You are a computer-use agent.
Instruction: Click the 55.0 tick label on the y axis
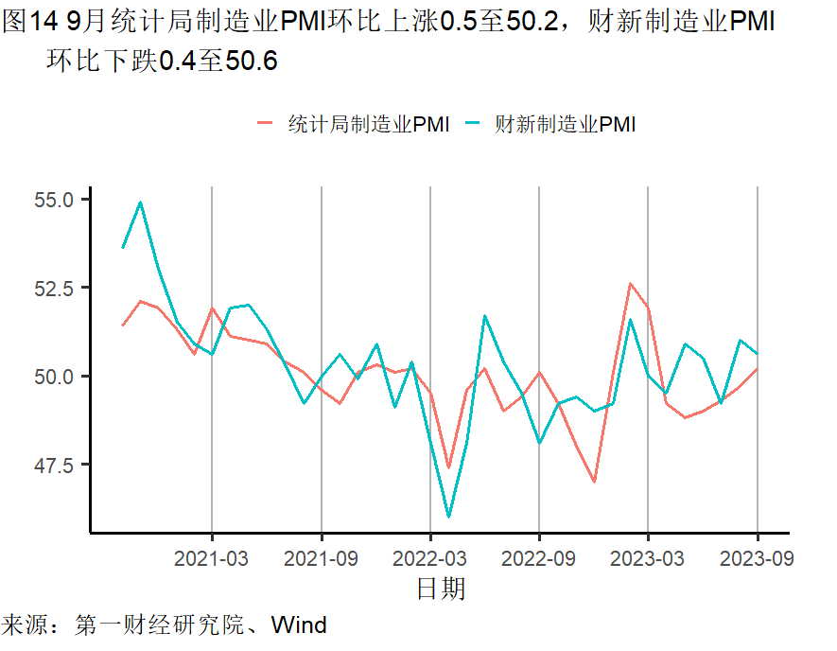pos(56,201)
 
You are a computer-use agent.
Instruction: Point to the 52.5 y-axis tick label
pos(56,288)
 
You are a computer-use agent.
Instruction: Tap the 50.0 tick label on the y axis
pos(56,376)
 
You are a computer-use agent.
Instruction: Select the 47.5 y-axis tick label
pos(56,464)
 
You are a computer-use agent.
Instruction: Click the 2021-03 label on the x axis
pos(212,558)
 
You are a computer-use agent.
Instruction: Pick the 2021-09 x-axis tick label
pos(322,558)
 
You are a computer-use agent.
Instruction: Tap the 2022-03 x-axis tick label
pos(430,558)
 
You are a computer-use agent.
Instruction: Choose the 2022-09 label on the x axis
pos(539,558)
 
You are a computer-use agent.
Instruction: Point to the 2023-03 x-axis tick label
pos(648,558)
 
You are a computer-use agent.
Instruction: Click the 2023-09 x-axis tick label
pos(758,558)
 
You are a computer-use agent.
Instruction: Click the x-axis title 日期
pos(441,589)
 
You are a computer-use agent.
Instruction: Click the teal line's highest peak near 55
pos(140,202)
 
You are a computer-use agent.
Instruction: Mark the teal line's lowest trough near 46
pos(448,517)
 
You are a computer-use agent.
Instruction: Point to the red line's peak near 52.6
pos(630,283)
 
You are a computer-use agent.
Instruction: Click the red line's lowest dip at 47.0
pos(594,482)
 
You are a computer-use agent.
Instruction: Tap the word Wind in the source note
pos(299,625)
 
